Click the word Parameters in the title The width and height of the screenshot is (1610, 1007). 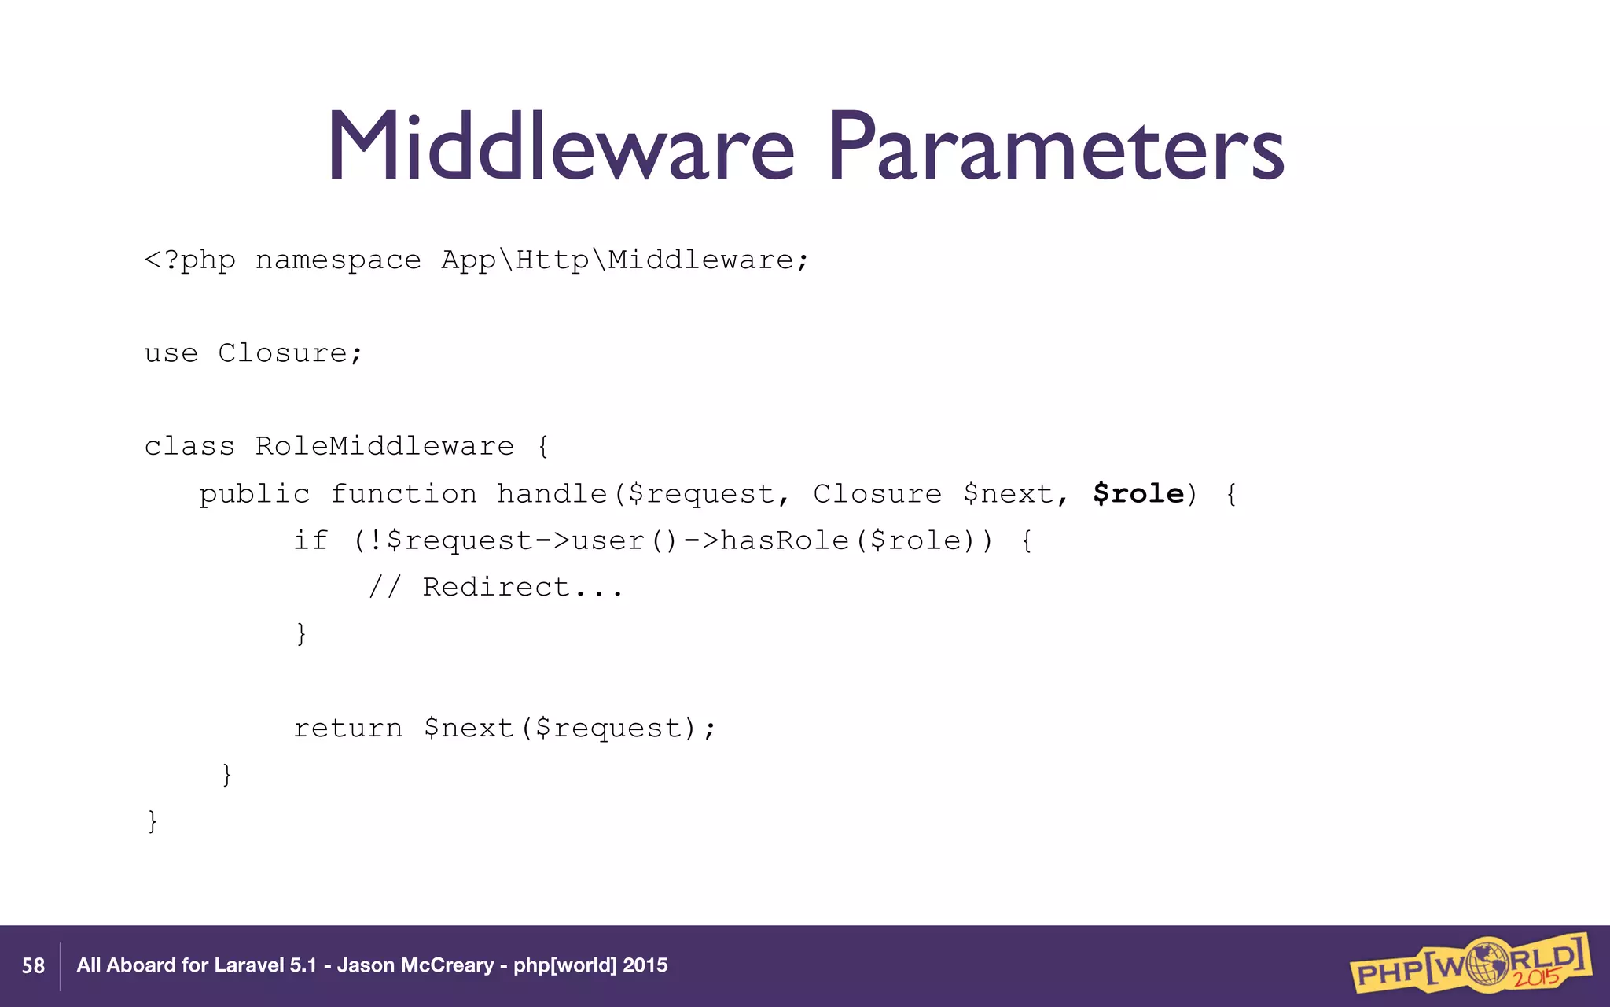point(1056,147)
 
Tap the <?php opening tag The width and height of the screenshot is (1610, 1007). point(189,260)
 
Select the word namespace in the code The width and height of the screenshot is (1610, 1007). point(338,260)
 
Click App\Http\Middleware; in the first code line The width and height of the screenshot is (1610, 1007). point(624,260)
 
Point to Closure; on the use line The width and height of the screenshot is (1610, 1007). point(290,353)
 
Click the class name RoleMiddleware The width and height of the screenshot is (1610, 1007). point(384,446)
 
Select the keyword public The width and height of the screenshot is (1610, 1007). point(254,494)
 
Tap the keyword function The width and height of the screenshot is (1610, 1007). point(403,494)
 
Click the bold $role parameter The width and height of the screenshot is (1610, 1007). point(1138,494)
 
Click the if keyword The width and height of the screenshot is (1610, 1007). point(310,540)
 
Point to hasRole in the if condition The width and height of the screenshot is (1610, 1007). point(785,540)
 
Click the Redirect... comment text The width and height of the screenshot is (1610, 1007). point(522,587)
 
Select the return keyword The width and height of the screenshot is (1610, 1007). point(347,728)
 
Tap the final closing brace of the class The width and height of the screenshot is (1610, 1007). point(153,821)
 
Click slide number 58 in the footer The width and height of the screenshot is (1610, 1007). point(33,966)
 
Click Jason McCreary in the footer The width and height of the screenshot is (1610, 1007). point(415,965)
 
